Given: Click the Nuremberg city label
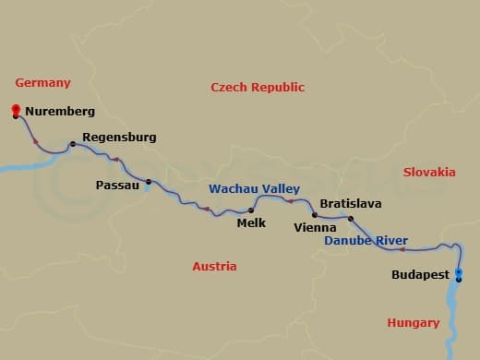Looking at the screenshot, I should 59,112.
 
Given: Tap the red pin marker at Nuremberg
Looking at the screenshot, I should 16,111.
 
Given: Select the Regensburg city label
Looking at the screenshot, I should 119,138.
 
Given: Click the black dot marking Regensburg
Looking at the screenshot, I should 72,144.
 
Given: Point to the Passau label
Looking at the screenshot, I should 117,185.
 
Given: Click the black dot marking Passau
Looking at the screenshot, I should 149,182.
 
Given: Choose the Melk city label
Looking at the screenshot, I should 251,222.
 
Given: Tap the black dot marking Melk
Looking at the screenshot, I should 251,210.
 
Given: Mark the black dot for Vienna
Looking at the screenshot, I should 315,215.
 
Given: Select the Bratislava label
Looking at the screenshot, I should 350,203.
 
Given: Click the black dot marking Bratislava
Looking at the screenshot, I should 351,219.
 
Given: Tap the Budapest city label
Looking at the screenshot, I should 420,275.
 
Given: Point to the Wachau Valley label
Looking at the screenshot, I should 254,188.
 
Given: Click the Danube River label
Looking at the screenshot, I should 366,241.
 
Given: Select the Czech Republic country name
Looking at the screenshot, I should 258,87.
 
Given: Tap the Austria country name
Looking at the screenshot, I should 214,267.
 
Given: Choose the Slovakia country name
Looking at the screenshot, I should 429,172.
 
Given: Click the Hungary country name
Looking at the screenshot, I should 413,323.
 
